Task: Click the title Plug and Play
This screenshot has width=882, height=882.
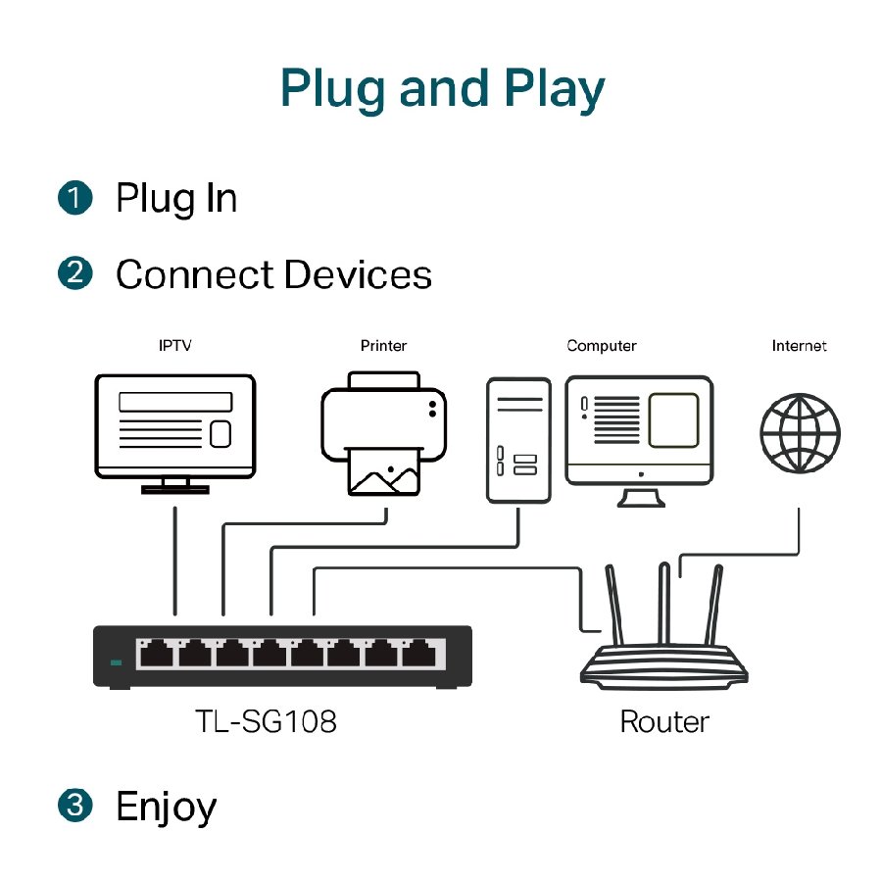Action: coord(442,87)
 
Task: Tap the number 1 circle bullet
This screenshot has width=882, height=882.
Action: coord(74,198)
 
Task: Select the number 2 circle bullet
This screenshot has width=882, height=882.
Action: coord(74,273)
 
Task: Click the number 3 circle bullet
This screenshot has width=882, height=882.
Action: coord(74,807)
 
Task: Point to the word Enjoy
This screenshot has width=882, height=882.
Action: coord(166,808)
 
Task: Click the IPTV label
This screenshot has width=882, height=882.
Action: coord(174,346)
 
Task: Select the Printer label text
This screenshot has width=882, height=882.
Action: coord(383,346)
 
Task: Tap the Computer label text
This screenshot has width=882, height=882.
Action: coord(602,346)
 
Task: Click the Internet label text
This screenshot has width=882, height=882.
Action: coord(799,346)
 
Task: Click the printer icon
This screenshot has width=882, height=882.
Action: coord(383,431)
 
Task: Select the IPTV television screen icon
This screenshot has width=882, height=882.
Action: coord(174,425)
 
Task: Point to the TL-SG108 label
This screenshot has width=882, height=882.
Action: coord(265,722)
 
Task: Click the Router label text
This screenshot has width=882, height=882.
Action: coord(664,722)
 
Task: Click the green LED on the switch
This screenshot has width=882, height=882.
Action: coord(117,663)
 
